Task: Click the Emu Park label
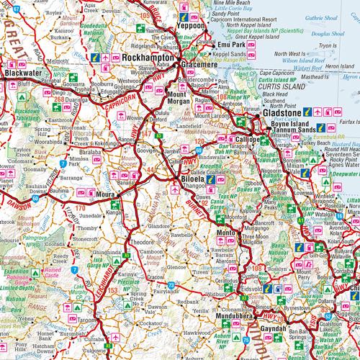pyautogui.click(x=231, y=45)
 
